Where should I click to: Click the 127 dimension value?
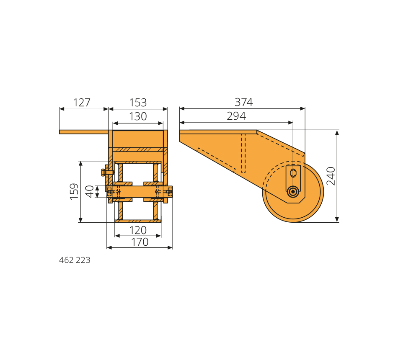[x=82, y=103]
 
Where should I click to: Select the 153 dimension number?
[x=138, y=103]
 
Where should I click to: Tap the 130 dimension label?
[x=138, y=116]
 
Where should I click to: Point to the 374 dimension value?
[x=244, y=102]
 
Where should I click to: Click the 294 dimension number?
[x=236, y=116]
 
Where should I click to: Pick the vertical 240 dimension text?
[x=331, y=176]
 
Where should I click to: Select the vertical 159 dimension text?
[x=74, y=192]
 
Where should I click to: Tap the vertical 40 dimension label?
[x=89, y=192]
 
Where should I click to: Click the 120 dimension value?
[x=138, y=230]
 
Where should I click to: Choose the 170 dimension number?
[x=140, y=242]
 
